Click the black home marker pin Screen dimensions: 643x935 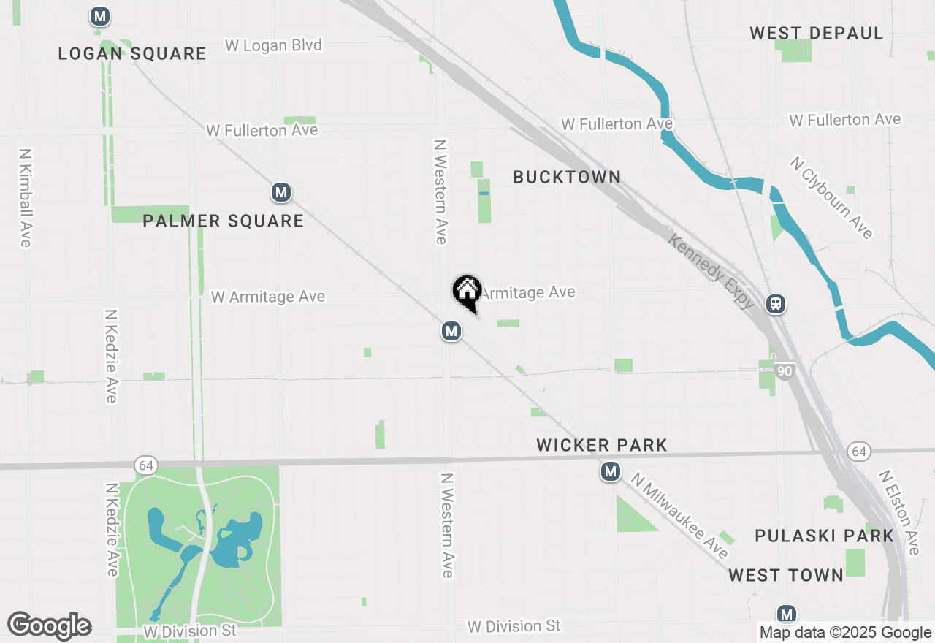[467, 292]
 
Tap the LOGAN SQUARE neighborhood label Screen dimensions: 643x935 [132, 53]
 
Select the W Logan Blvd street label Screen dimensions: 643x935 [273, 45]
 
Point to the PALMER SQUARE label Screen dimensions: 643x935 [223, 221]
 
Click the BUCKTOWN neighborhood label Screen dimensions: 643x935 [567, 177]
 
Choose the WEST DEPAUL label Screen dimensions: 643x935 [816, 33]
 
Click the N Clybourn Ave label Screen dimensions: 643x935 [831, 197]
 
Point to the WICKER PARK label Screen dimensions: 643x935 [602, 445]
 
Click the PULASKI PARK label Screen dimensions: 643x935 [824, 536]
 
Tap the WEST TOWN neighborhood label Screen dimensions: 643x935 [786, 575]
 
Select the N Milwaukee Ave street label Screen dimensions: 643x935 [680, 516]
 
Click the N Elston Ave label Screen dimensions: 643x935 [899, 511]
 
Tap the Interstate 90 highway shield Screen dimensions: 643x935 [785, 371]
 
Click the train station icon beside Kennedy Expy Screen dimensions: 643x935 [776, 303]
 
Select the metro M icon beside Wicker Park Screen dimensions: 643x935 [611, 472]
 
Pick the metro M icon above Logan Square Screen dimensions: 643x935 [100, 16]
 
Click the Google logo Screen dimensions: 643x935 [49, 625]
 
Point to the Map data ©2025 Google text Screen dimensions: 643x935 [845, 633]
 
